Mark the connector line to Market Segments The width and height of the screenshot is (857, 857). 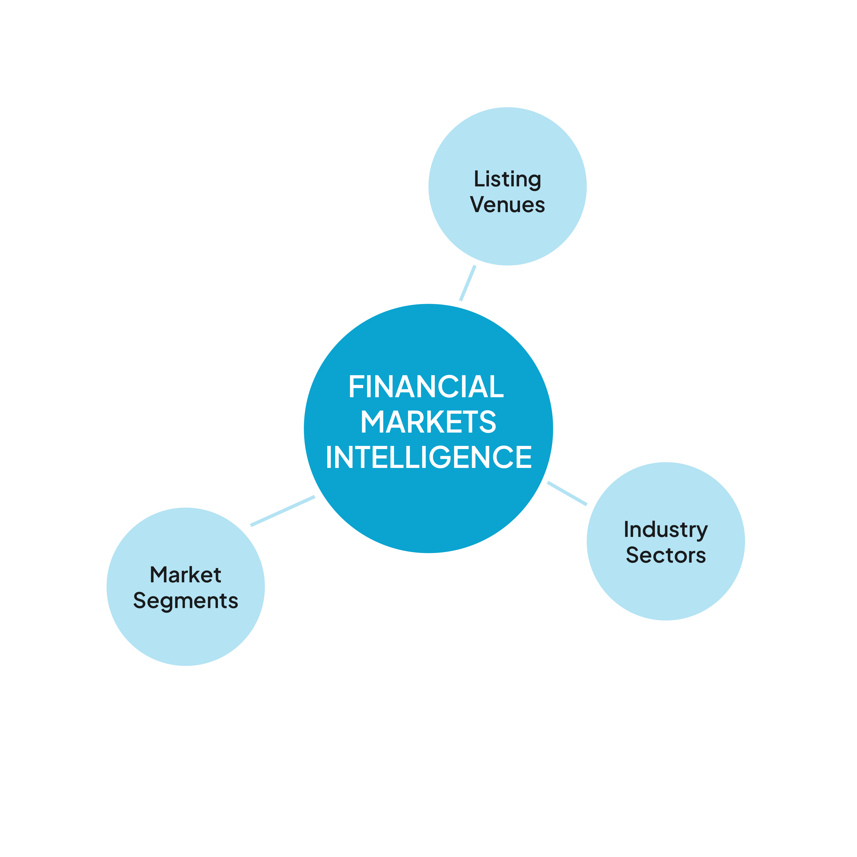click(x=283, y=511)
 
